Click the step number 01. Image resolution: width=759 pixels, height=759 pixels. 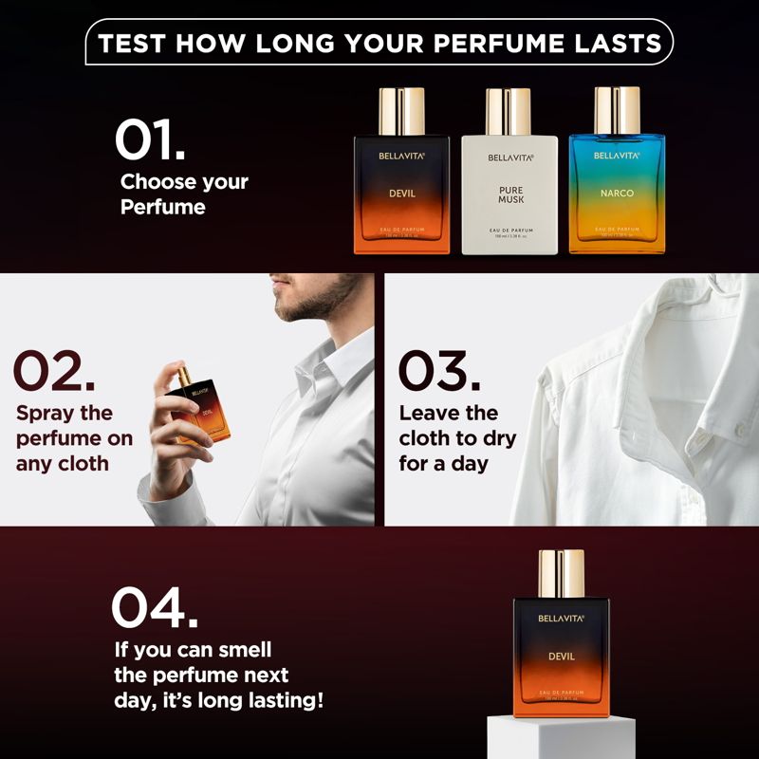(150, 139)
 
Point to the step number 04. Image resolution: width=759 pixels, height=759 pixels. (155, 606)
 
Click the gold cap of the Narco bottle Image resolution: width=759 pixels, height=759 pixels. (617, 110)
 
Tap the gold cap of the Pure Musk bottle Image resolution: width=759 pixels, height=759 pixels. (509, 111)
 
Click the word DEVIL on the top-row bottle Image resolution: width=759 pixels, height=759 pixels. (402, 194)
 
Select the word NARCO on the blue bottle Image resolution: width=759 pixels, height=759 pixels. (617, 194)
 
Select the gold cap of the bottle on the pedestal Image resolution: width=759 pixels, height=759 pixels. (562, 574)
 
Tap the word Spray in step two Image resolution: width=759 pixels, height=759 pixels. (49, 414)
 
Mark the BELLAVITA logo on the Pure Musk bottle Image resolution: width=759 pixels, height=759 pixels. (510, 157)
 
